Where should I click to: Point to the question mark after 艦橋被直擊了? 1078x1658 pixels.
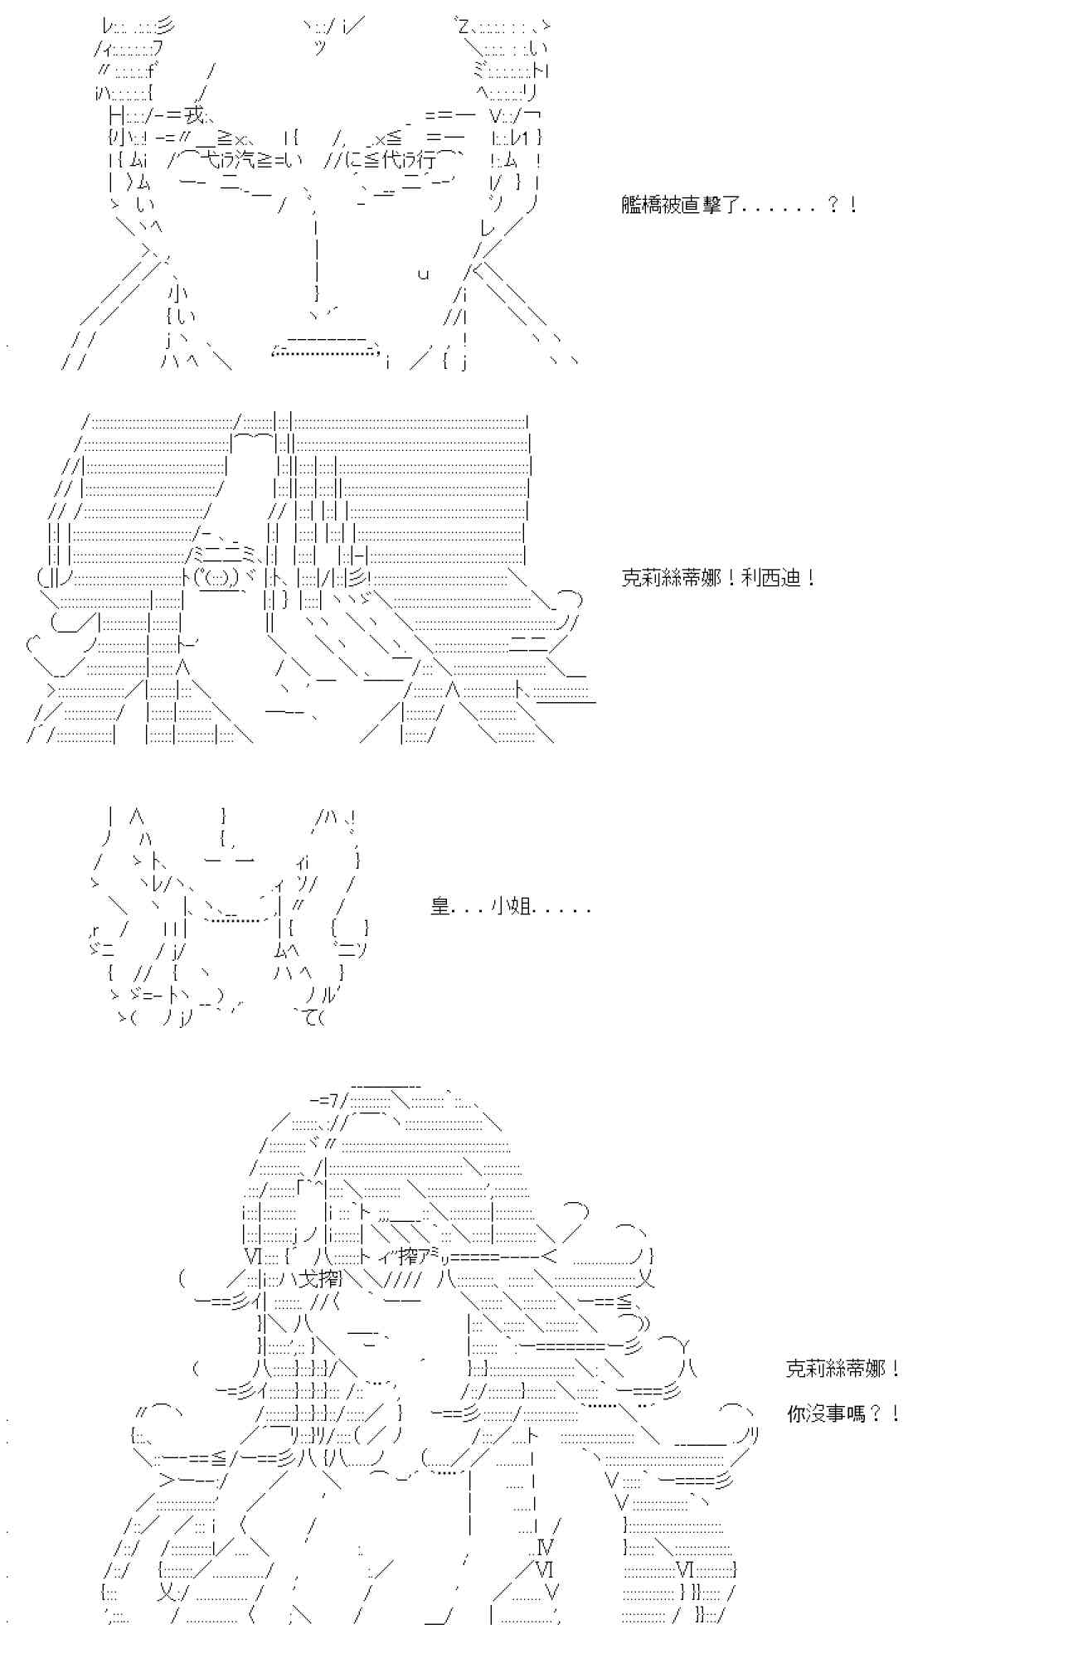pyautogui.click(x=833, y=205)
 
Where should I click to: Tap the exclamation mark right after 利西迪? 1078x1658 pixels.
pyautogui.click(x=810, y=578)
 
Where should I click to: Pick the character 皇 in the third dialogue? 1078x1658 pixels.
pyautogui.click(x=439, y=906)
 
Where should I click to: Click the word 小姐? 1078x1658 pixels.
pyautogui.click(x=512, y=906)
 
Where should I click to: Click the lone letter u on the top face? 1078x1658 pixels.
pyautogui.click(x=423, y=274)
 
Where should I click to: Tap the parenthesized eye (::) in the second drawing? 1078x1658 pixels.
pyautogui.click(x=215, y=576)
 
